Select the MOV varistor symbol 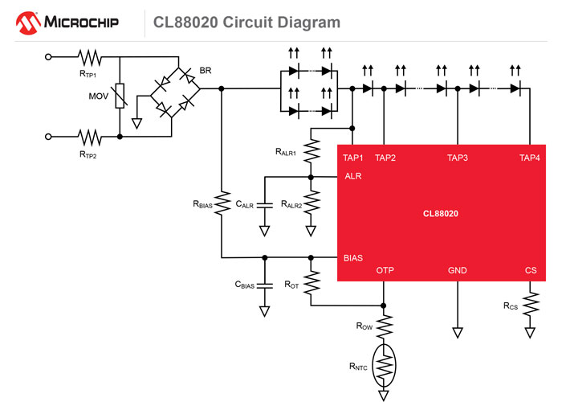(120, 97)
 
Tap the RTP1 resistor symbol (89, 57)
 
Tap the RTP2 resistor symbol (89, 137)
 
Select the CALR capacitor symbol (263, 206)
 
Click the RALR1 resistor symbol (311, 151)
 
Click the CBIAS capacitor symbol (263, 286)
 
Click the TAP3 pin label (458, 158)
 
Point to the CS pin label (530, 271)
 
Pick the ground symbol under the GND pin (458, 332)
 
